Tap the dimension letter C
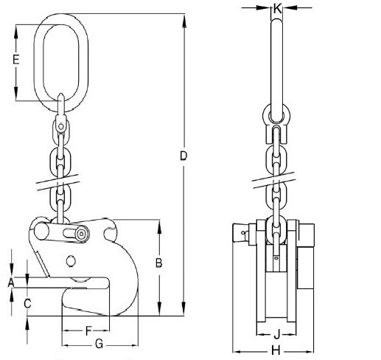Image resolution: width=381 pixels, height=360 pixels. pos(27,302)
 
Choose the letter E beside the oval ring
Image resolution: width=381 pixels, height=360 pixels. pos(16,61)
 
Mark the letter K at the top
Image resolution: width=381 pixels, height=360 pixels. pos(277,9)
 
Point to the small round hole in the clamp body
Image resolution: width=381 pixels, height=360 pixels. pos(71,260)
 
